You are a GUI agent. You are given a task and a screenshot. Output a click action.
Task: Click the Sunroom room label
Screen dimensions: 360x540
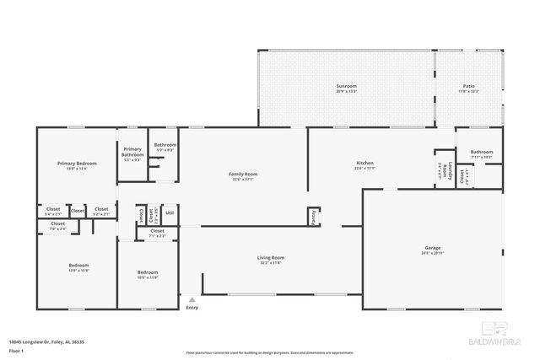[x=346, y=86]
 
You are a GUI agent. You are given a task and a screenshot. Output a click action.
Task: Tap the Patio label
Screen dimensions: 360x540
[x=468, y=86]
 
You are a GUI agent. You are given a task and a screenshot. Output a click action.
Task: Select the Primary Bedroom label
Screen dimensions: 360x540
[x=77, y=163]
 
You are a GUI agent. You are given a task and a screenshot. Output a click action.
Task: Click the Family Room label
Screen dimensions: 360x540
[x=243, y=175]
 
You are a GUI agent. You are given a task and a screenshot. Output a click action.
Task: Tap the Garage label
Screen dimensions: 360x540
[x=432, y=249]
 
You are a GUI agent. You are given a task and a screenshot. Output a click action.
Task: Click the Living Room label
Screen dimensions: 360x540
[x=271, y=257]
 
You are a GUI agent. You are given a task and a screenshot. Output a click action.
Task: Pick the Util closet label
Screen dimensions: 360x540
[x=169, y=212]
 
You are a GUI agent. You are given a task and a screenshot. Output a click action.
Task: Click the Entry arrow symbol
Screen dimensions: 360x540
[x=192, y=298]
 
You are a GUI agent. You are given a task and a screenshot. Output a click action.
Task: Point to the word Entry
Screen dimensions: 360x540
[x=192, y=308]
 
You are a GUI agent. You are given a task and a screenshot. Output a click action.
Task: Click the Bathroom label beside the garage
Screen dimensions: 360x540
[x=482, y=152]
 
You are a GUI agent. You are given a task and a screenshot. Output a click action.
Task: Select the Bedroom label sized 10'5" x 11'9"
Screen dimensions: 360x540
[x=148, y=272]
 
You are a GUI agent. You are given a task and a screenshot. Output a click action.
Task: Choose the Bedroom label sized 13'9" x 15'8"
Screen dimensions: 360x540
[x=78, y=266]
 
